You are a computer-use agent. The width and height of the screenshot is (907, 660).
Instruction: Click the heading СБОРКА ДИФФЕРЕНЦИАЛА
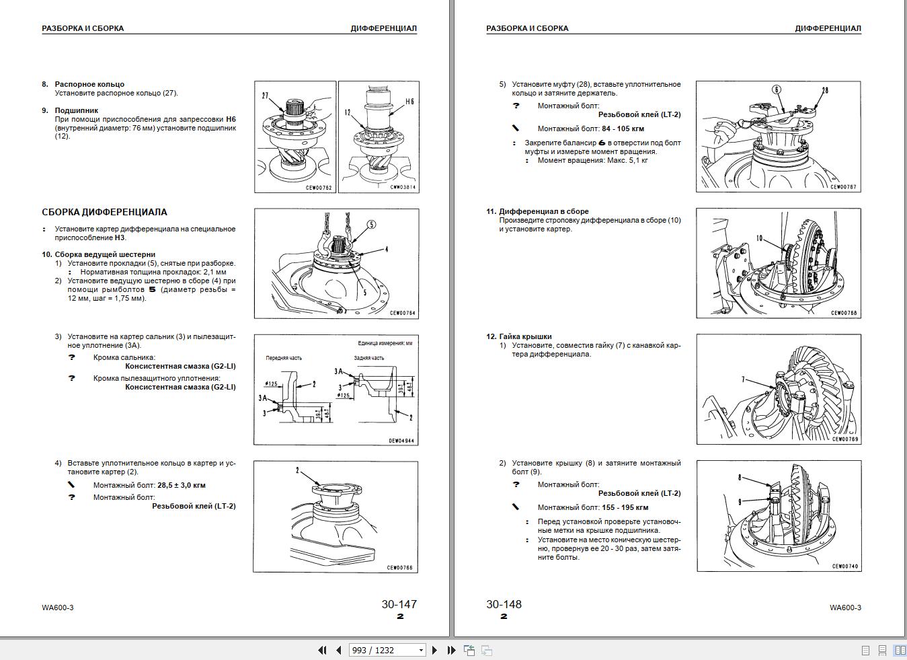tap(104, 212)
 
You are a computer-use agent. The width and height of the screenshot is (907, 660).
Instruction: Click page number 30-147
tap(399, 604)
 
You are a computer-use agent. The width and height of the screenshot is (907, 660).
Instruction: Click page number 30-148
tap(504, 604)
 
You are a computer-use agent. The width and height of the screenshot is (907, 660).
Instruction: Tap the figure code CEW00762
tap(319, 188)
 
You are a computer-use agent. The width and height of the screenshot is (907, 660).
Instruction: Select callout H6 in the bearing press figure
tap(409, 102)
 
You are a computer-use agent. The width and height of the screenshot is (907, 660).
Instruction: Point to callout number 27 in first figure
tap(265, 96)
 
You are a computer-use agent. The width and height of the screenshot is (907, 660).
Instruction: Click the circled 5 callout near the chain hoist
tap(371, 225)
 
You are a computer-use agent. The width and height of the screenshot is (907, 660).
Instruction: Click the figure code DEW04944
tap(401, 441)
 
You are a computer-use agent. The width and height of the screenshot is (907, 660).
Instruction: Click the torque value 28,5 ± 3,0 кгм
tap(181, 485)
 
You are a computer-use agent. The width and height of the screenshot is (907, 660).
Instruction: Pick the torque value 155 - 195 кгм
tap(625, 508)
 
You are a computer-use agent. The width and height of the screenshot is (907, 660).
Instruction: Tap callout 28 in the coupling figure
tap(824, 90)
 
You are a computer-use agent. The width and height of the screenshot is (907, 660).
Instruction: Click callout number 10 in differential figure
tap(759, 238)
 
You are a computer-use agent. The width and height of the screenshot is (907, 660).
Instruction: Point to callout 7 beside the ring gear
tap(743, 379)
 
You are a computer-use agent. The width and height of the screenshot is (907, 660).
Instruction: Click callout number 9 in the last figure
tap(740, 502)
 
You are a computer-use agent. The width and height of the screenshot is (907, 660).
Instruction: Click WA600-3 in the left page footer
tap(57, 608)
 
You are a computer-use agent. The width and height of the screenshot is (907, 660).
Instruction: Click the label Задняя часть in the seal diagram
tap(369, 358)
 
